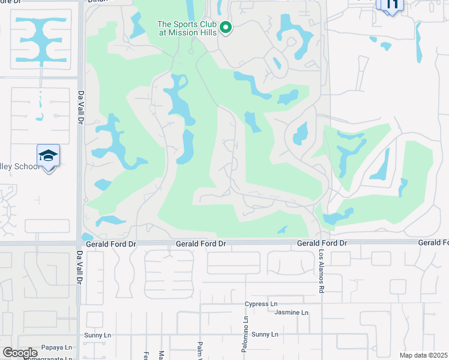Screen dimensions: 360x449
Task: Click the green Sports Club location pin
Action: pos(226,27)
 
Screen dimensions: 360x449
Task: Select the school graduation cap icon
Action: pos(48,157)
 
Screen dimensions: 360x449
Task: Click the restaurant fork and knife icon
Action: pos(391,5)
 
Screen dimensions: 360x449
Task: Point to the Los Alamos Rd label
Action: pos(322,271)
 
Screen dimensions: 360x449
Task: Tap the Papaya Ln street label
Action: pos(56,347)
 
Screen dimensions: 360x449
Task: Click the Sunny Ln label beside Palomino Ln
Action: pos(265,334)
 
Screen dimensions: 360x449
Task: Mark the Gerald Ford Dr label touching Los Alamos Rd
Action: pos(322,243)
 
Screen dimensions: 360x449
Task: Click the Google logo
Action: pos(20,353)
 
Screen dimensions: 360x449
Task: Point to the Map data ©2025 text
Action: pos(423,355)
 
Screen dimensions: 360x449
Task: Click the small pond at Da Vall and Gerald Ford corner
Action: pos(87,237)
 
